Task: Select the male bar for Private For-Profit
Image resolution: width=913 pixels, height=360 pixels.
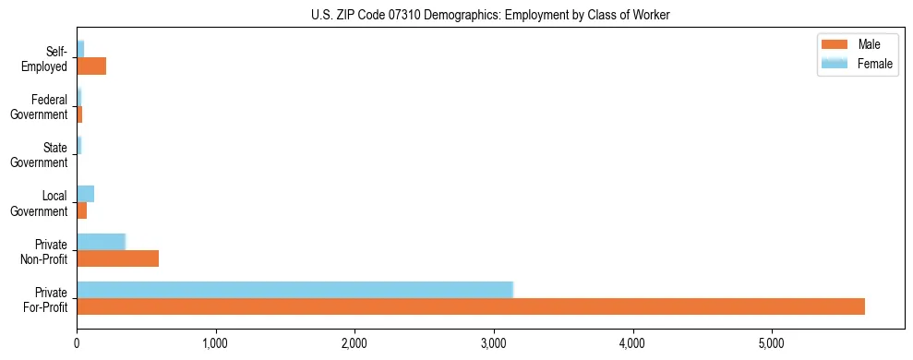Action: (x=471, y=306)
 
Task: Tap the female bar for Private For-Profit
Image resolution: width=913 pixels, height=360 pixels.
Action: (x=294, y=289)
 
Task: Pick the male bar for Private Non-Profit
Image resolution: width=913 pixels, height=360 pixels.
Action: (x=117, y=258)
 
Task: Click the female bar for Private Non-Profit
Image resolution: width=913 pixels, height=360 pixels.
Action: (x=101, y=241)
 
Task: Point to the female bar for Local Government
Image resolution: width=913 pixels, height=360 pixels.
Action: (x=85, y=193)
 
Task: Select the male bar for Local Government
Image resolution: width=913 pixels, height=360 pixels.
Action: (x=81, y=210)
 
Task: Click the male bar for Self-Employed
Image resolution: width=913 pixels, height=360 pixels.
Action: (x=91, y=66)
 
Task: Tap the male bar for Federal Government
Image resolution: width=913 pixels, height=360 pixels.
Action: (x=79, y=114)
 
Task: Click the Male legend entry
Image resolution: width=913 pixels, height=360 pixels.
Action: (x=868, y=45)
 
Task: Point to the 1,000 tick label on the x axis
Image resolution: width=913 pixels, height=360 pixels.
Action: (x=216, y=344)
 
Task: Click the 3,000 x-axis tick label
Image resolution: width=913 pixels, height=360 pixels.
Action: (x=494, y=344)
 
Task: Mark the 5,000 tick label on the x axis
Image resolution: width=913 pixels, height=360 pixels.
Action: (x=772, y=344)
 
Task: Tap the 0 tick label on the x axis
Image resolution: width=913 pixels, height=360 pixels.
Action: (x=77, y=344)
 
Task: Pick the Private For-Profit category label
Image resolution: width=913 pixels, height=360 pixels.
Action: (x=46, y=298)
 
